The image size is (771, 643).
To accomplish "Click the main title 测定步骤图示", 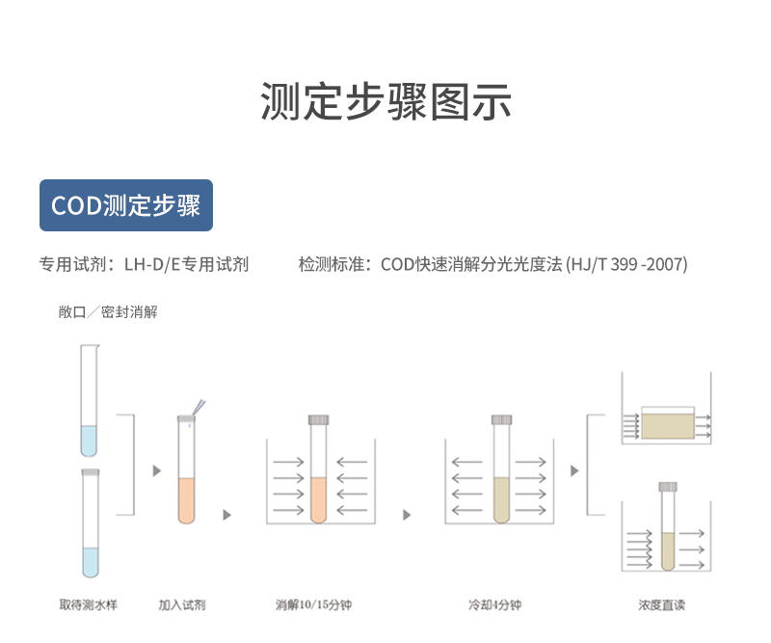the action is coord(385,101).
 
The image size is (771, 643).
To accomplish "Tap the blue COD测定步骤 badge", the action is coord(126,205).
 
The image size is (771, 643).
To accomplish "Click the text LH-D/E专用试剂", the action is coord(186,264).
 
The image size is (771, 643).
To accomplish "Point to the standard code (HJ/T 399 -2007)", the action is coord(626,264).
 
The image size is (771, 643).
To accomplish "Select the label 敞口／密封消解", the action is coord(108,312).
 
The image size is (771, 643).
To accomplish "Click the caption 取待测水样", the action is coord(88,604).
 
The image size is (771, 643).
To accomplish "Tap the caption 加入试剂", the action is coord(181,604).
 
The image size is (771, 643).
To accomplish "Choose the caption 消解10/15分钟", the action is coord(313,604).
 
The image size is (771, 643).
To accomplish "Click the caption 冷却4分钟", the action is coord(494,604).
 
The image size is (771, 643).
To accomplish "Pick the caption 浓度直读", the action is coord(661,604).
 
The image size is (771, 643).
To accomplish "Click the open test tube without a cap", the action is coord(89,400).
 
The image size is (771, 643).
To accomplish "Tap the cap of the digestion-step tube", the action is coord(318,419).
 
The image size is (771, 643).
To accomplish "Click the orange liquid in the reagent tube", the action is coord(186,500).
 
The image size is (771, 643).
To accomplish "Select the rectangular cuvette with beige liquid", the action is coord(668,422).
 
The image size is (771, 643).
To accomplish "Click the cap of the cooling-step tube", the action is coord(501,419).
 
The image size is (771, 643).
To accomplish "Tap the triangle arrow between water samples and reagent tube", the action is coord(157,470).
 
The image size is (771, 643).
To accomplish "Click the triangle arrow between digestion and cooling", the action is coord(407,515).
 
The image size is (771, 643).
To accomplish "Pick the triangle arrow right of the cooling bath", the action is coord(574,470).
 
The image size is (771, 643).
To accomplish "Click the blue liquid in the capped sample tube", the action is coord(91,562).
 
